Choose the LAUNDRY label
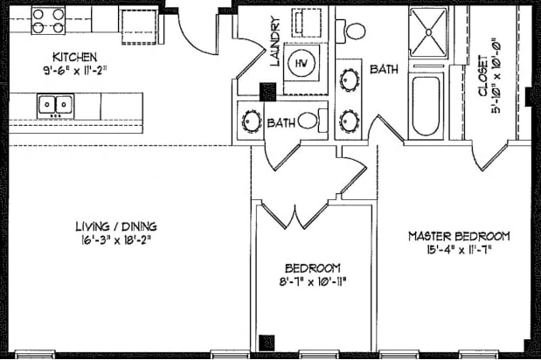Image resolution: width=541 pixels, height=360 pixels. [274, 43]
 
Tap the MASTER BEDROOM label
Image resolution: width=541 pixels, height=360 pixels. [460, 237]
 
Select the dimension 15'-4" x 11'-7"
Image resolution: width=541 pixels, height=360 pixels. [460, 250]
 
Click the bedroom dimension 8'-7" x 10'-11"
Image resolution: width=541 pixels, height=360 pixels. [312, 282]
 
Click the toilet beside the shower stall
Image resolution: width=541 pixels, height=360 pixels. [356, 30]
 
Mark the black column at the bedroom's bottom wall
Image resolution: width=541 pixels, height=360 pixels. [268, 343]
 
